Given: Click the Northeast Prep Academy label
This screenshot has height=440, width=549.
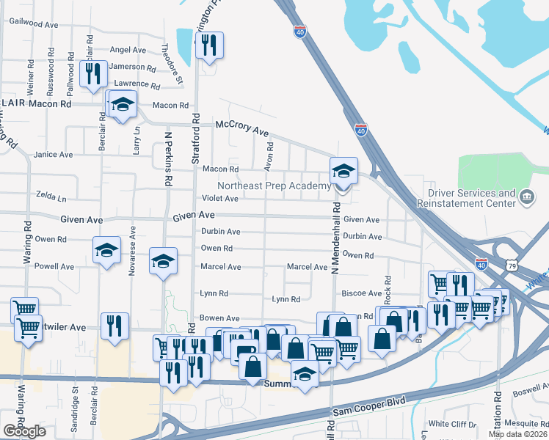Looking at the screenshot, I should [274, 186].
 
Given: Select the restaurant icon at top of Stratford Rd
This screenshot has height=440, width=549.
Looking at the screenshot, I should [210, 45].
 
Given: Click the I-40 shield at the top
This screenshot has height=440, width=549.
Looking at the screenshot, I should [299, 32].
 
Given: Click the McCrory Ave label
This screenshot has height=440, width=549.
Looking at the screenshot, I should [241, 127].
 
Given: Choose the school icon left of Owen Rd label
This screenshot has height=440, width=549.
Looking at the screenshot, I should [107, 250].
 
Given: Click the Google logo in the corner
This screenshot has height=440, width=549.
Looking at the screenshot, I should [25, 431].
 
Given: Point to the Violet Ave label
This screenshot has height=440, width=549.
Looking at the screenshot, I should [220, 199].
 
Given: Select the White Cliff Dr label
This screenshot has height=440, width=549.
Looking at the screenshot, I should [452, 424].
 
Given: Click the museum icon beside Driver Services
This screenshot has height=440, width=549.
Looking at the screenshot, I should [526, 197].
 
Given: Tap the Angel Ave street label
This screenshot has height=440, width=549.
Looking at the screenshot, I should [128, 50].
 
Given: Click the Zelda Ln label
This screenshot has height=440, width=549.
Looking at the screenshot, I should [51, 198].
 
